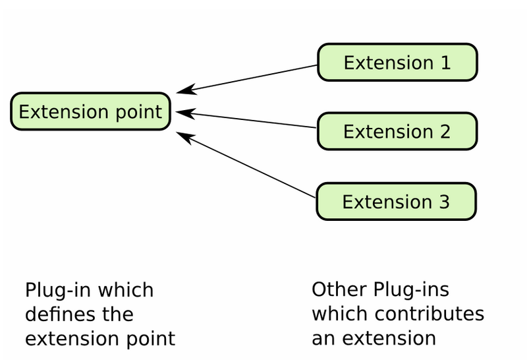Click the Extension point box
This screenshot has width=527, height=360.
coord(90,111)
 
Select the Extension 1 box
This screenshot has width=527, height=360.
coord(397,63)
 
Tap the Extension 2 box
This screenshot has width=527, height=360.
coord(397,131)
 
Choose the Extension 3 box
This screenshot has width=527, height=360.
coord(396,201)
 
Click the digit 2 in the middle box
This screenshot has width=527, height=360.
coord(445,131)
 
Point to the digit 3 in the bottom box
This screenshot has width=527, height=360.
coord(444,201)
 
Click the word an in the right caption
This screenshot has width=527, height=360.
coord(322,339)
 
